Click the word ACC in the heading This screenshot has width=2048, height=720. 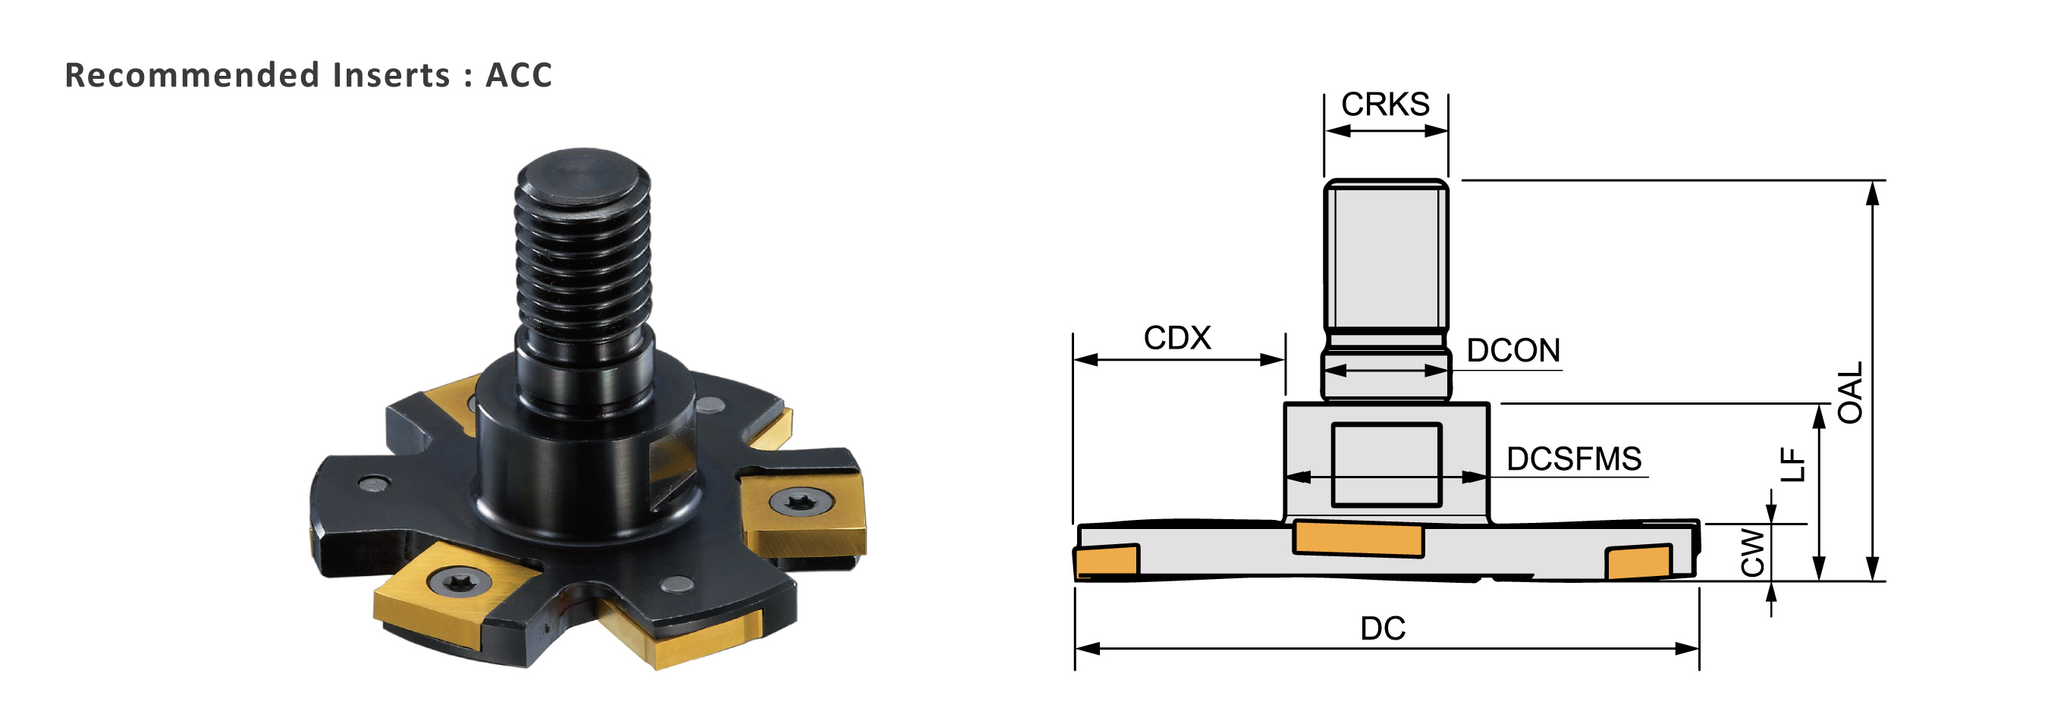pyautogui.click(x=518, y=75)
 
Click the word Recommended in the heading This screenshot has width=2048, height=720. pyautogui.click(x=193, y=75)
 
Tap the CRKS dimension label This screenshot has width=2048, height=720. pyautogui.click(x=1385, y=104)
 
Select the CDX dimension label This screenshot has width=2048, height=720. pyautogui.click(x=1176, y=338)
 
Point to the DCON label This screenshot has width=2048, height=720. pyautogui.click(x=1513, y=350)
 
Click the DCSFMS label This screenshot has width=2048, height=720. pyautogui.click(x=1574, y=459)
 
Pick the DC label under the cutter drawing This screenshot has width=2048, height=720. pyautogui.click(x=1384, y=628)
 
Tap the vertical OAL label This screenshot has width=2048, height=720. pyautogui.click(x=1850, y=393)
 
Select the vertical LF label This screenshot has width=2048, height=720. pyautogui.click(x=1793, y=465)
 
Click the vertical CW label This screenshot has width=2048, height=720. pyautogui.click(x=1752, y=553)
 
